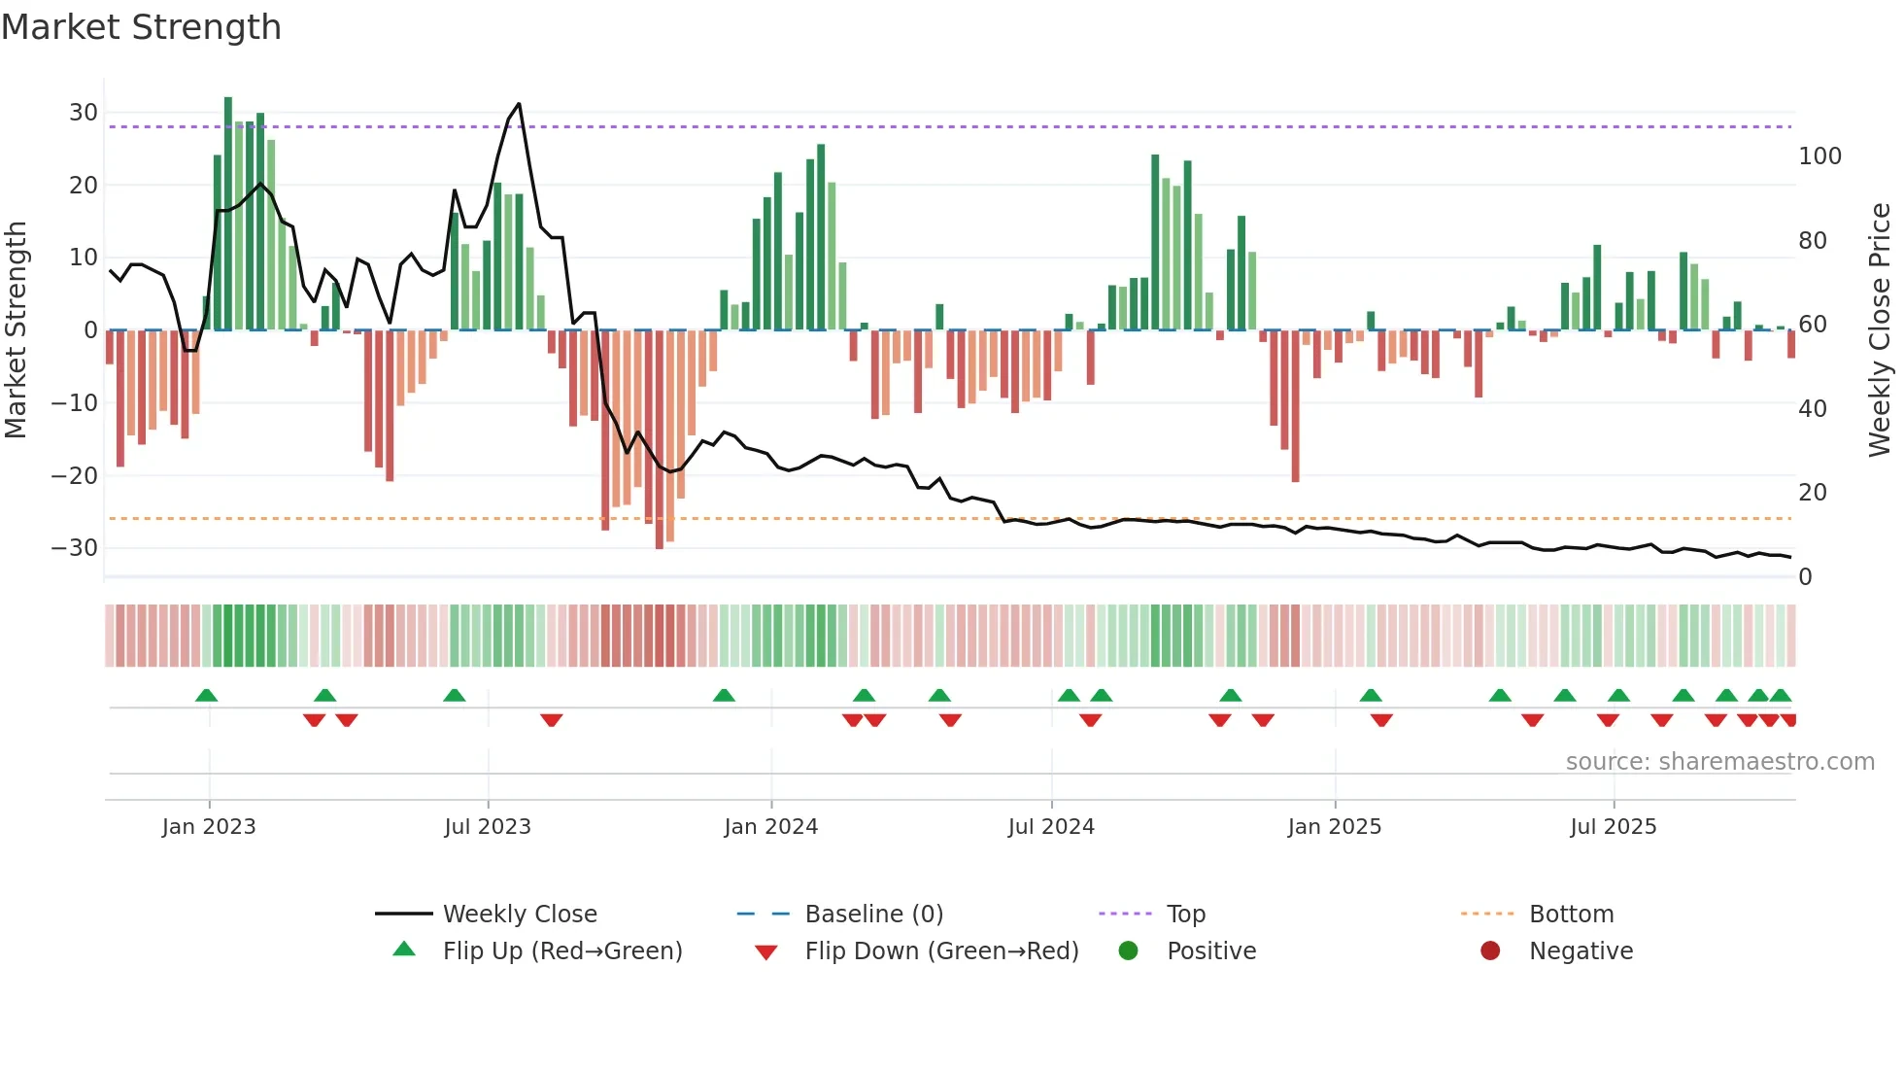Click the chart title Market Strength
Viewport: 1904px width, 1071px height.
141,27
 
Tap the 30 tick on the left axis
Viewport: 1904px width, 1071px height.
84,113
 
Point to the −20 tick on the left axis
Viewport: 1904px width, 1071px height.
75,476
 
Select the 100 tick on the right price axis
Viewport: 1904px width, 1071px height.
1819,156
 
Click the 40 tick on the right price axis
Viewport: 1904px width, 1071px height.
1812,409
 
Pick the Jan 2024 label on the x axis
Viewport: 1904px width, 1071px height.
770,827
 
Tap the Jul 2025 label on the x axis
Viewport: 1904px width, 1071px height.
1613,827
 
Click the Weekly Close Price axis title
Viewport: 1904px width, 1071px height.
1880,330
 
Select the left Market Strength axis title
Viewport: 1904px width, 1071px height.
16,330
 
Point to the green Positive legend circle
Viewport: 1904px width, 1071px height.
1128,951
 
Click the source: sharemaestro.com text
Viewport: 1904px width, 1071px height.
1719,762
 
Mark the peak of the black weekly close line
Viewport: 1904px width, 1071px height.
519,104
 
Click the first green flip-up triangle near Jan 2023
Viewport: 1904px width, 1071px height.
206,695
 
